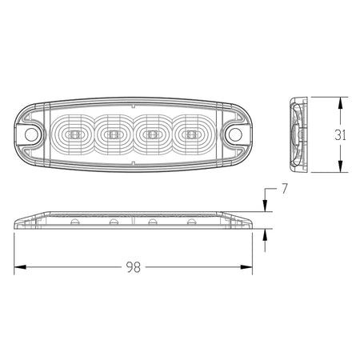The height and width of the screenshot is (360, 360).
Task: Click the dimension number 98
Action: [x=134, y=267]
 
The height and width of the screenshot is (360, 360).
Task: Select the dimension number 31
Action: [x=340, y=135]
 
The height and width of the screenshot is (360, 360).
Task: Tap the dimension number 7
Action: [x=285, y=189]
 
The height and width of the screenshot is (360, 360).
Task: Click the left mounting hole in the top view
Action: [x=30, y=134]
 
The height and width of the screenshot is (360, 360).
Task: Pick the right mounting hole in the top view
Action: [x=235, y=134]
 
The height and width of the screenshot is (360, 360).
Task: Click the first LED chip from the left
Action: [x=74, y=134]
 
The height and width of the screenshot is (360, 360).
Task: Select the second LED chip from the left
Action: [x=114, y=134]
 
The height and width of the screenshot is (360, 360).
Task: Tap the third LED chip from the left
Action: [x=152, y=134]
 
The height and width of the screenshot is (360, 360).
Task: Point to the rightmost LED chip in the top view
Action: [x=191, y=134]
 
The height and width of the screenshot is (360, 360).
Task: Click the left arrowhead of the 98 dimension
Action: [x=20, y=267]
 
